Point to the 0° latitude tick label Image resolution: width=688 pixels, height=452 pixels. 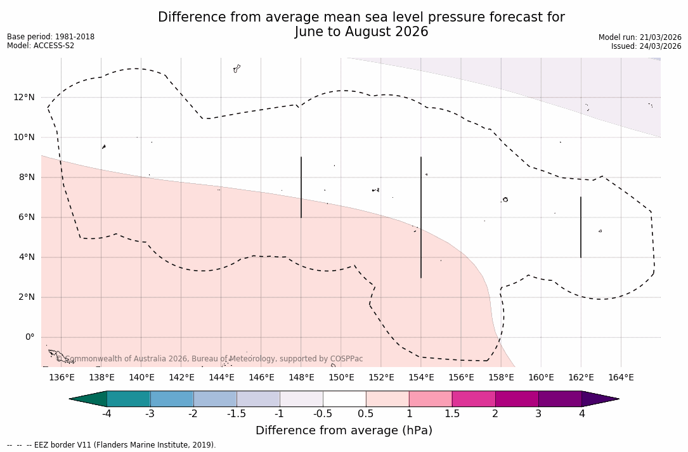pos(30,337)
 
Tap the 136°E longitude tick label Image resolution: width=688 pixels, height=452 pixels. pos(62,378)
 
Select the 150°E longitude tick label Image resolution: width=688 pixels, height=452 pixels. pos(341,378)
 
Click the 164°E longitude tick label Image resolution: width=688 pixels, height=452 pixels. pos(621,378)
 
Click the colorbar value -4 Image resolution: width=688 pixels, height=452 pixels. pos(107,414)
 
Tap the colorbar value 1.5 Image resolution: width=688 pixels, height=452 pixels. pos(452,414)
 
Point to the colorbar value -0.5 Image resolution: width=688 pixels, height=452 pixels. pos(323,414)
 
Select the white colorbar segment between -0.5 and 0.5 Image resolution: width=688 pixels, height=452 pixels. pos(344,399)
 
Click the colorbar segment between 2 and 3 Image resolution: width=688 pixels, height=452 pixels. pos(517,399)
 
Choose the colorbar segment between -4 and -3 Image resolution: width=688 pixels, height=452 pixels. pos(129,399)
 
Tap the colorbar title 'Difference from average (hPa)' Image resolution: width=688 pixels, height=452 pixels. pos(344,430)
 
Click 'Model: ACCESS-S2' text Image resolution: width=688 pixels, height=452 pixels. pos(41,46)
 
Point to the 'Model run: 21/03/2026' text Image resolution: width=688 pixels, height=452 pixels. pos(640,37)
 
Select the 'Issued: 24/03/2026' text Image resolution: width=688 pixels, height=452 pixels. pos(646,46)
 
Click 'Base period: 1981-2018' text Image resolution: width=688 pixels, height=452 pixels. pos(51,37)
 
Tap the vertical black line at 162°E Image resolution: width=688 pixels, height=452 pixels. pos(581,227)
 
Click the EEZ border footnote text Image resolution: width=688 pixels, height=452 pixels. pos(112,445)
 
